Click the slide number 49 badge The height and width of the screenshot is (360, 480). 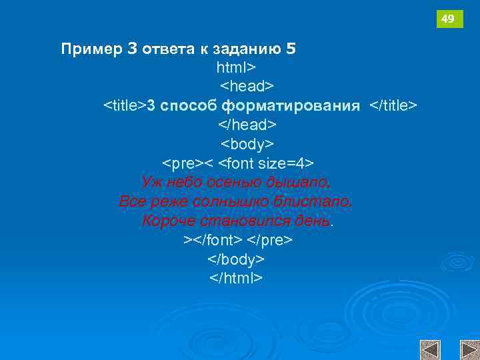[449, 19]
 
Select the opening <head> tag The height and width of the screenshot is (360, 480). [247, 87]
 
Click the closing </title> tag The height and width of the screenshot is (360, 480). [393, 106]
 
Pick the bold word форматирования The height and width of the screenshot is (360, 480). [291, 106]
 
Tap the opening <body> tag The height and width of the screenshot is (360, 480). [247, 144]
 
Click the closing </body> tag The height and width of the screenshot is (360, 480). [237, 259]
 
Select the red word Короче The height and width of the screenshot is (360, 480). [168, 221]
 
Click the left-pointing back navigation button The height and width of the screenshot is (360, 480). [430, 350]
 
